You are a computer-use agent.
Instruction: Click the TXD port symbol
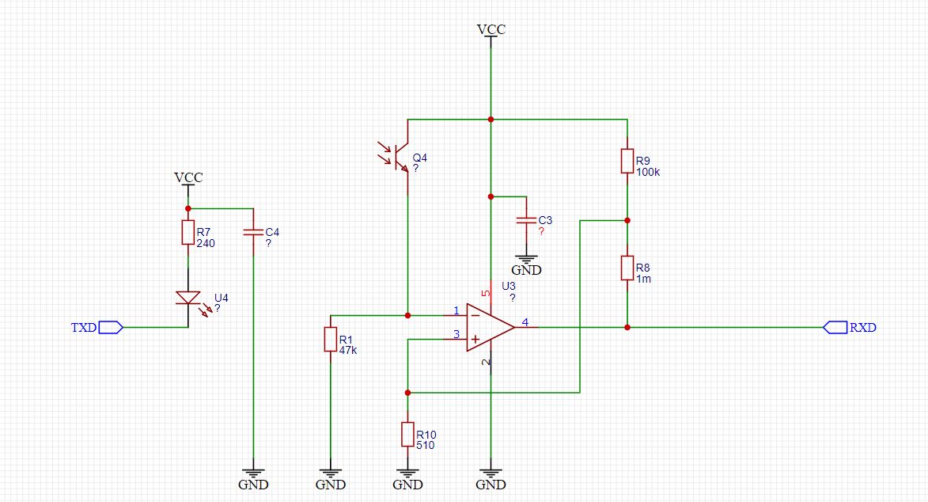point(111,327)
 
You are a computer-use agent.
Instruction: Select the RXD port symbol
point(835,327)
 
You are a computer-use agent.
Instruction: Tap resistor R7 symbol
point(188,232)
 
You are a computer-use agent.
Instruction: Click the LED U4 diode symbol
point(188,299)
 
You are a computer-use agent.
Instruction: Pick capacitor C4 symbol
point(253,232)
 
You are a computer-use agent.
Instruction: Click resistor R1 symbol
point(330,339)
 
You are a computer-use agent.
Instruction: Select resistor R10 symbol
point(407,434)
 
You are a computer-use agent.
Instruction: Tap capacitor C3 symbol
point(526,220)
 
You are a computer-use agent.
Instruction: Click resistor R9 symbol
point(627,162)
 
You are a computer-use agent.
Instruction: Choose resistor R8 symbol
point(627,268)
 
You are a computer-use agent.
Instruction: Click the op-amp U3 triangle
point(490,327)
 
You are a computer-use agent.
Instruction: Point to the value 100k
point(648,173)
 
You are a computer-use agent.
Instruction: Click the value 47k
point(348,350)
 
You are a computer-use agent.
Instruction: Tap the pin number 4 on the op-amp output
point(525,322)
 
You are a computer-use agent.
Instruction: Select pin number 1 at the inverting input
point(456,310)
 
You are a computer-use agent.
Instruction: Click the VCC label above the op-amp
point(491,29)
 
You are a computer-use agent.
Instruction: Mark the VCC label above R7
point(188,177)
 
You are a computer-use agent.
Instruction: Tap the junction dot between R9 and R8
point(627,220)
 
